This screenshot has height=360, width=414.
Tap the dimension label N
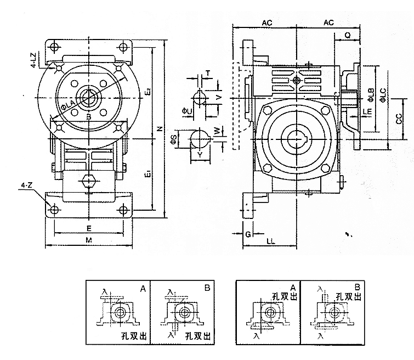coord(158,130)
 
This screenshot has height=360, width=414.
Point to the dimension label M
coord(89,240)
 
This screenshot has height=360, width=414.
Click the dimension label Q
coord(348,35)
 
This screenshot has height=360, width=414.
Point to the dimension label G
coord(248,234)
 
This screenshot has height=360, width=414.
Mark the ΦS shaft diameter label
coord(173,139)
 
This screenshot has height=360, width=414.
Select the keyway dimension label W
coord(217,132)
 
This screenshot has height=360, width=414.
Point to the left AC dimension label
coord(267,23)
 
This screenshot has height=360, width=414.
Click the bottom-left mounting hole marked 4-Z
coord(54,209)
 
